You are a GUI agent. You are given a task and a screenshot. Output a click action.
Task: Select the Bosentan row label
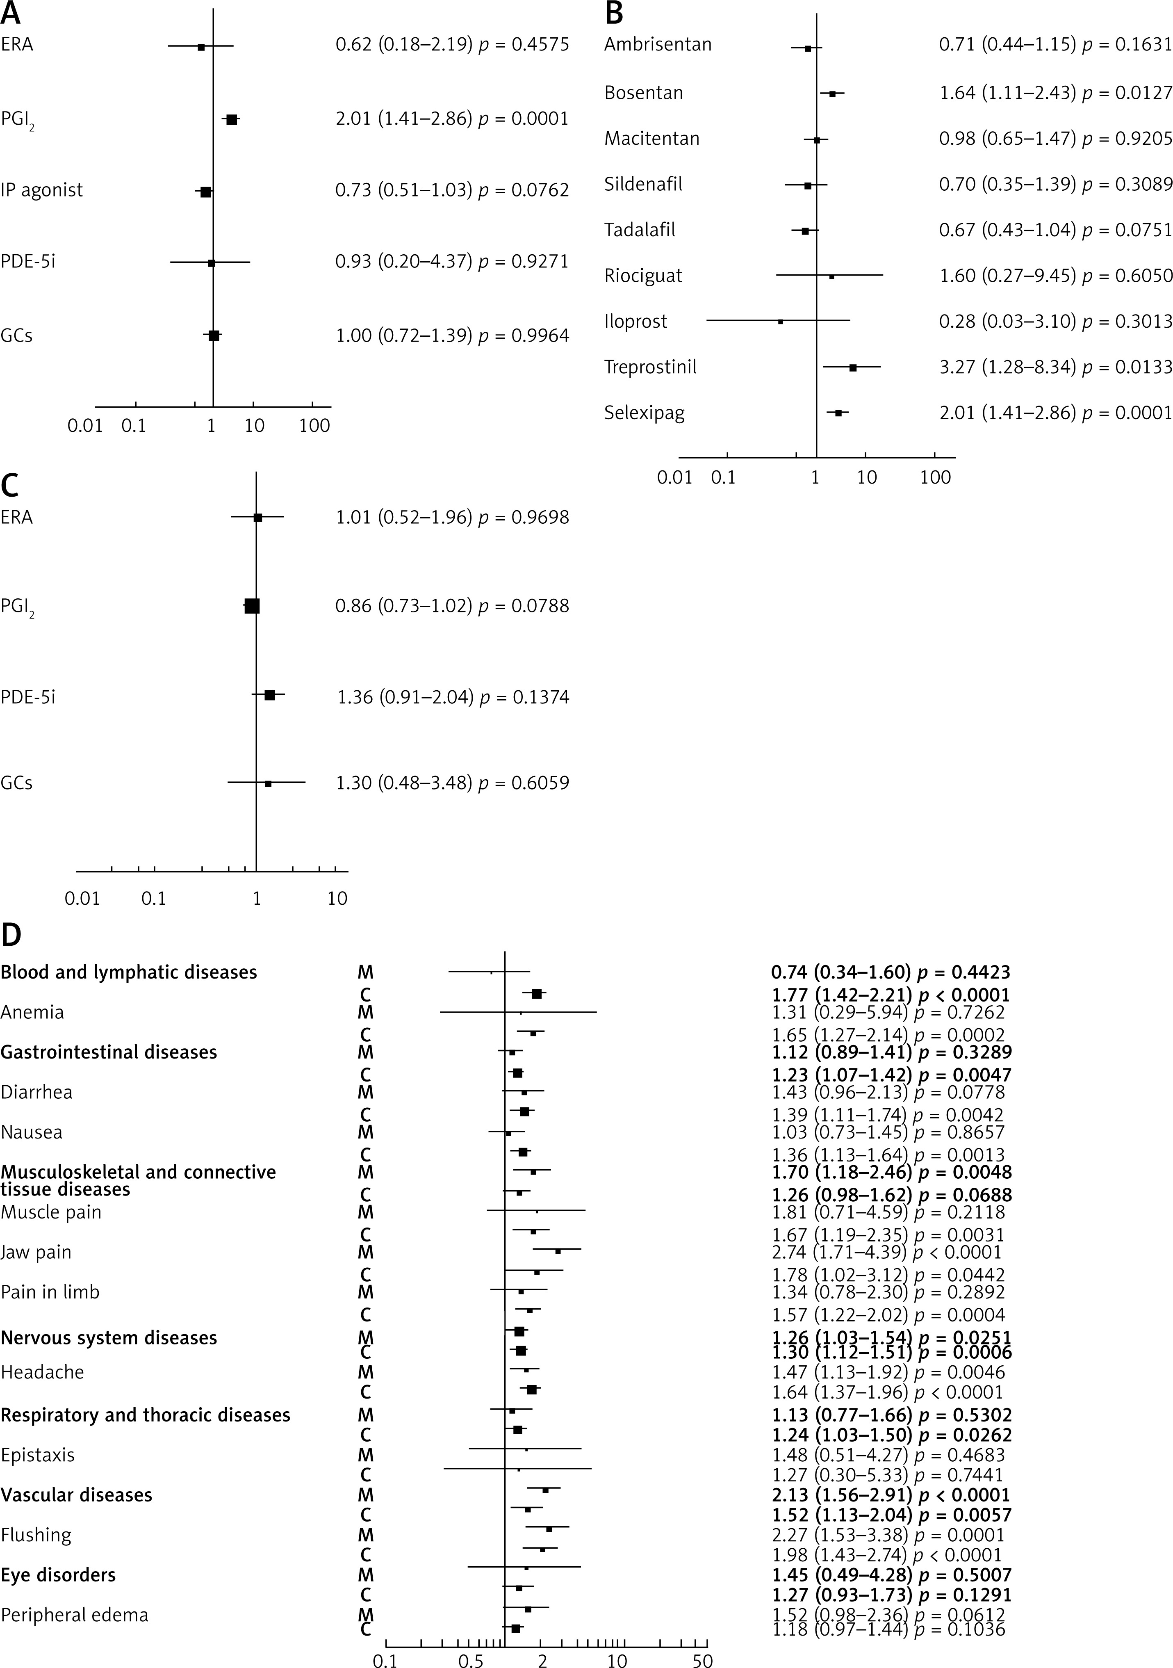pos(644,93)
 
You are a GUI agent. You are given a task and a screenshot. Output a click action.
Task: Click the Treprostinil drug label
pos(650,367)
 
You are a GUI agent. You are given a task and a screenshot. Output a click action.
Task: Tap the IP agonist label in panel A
pos(41,190)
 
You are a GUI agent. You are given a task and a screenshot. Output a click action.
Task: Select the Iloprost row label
pos(635,321)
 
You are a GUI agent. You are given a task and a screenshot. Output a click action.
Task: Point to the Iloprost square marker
pos(781,321)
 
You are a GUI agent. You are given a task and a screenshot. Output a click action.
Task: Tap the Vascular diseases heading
pos(76,1495)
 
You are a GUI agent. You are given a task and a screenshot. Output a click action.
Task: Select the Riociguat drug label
pos(644,276)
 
